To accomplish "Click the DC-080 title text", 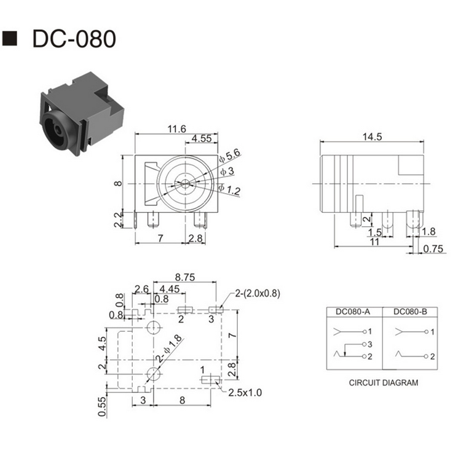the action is [x=74, y=39].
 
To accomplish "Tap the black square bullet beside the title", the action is [x=10, y=38].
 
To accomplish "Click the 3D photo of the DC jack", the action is [x=82, y=113].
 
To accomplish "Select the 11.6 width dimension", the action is [x=176, y=129].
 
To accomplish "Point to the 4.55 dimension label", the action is [x=202, y=138].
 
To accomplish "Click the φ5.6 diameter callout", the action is [x=230, y=156].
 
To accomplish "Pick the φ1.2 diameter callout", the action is [x=229, y=190].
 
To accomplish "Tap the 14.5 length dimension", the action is [x=372, y=136].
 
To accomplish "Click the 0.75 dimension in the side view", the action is [x=433, y=249].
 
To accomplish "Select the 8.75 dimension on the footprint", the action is [x=185, y=277].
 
